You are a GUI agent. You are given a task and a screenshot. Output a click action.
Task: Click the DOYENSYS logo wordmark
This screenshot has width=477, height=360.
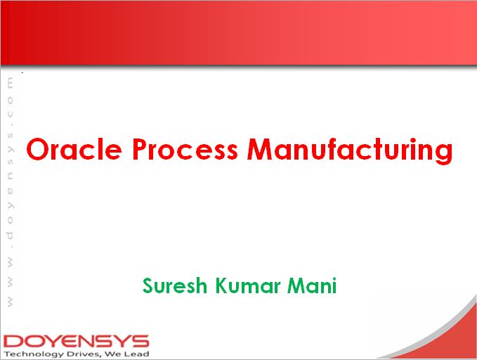[75, 341]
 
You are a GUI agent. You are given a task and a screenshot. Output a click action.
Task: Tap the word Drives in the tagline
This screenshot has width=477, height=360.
[81, 354]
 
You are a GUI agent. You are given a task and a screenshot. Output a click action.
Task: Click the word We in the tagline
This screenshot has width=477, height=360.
[114, 354]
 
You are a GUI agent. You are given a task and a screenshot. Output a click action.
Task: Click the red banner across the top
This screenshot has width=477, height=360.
[238, 32]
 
